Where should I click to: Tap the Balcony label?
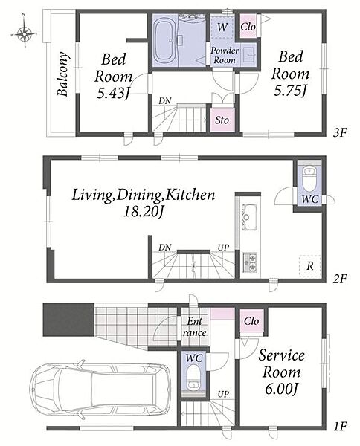pos(63,74)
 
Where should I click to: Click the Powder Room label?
pos(225,56)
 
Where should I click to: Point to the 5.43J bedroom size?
pos(113,94)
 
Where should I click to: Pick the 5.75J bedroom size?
pos(290,91)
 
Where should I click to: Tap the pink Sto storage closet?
pos(222,120)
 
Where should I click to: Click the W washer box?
pos(222,27)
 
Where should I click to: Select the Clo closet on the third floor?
pos(248,26)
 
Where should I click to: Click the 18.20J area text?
pos(143,212)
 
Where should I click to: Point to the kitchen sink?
pos(249,217)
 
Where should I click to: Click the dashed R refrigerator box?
pos(309,267)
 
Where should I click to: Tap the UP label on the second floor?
pos(223,248)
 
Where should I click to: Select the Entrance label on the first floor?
pos(194,327)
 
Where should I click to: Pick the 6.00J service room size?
pos(281,389)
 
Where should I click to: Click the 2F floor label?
pos(340,279)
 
